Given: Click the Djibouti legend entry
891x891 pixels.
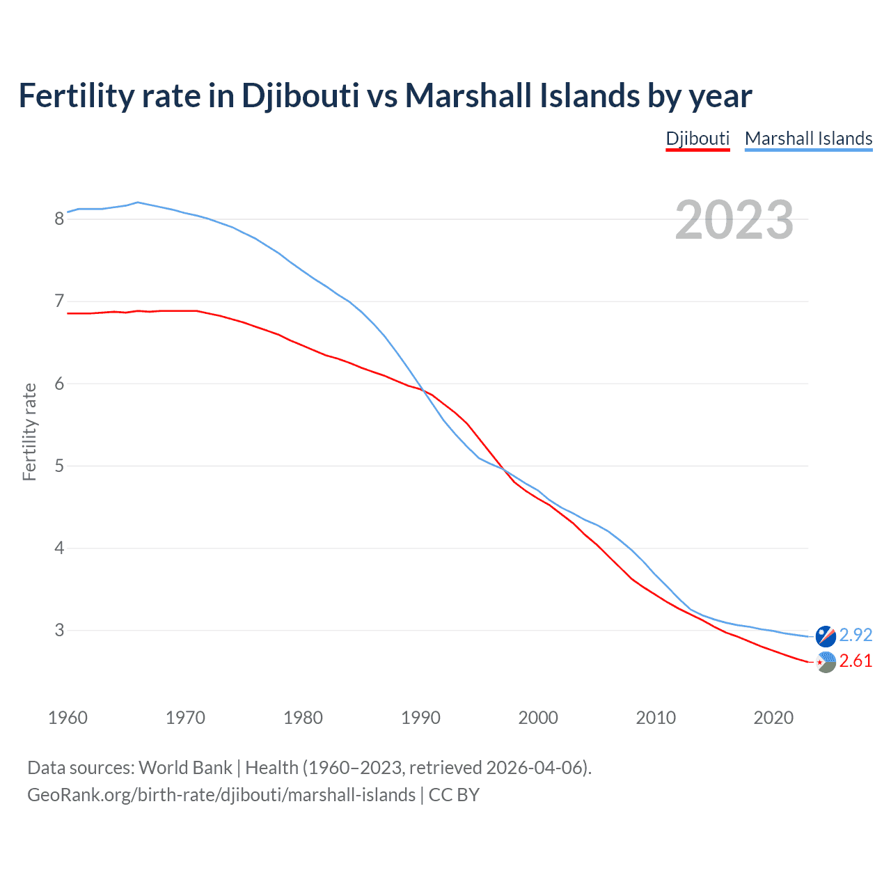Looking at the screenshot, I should (x=697, y=139).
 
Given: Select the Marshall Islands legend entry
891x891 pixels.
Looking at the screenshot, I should (x=808, y=139).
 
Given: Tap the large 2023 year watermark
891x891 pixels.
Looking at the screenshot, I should (x=734, y=220).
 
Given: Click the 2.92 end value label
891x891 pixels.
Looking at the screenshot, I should (x=855, y=635).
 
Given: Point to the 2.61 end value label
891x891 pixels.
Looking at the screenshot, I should (x=855, y=661).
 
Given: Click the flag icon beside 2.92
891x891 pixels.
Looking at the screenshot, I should (x=826, y=636).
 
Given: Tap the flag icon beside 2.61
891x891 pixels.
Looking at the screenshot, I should (x=826, y=662).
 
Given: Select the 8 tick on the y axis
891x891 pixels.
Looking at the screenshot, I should (x=59, y=219).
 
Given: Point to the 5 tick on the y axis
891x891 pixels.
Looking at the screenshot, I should (x=59, y=466).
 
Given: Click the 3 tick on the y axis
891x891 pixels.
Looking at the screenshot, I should (x=59, y=630).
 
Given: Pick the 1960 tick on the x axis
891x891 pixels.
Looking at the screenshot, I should (x=68, y=718).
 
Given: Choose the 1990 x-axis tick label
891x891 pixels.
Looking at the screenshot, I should (x=420, y=718).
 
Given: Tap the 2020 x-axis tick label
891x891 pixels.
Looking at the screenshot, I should (x=773, y=718).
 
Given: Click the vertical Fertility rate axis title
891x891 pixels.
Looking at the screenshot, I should (x=29, y=432).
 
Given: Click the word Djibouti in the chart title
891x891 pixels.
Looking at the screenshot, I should (x=300, y=95).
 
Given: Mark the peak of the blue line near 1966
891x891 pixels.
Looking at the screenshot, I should (x=138, y=203).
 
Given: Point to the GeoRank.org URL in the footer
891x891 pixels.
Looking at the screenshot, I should (x=221, y=794).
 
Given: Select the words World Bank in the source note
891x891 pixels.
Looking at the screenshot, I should (x=185, y=767).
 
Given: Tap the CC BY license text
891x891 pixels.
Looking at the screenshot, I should (x=454, y=794).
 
